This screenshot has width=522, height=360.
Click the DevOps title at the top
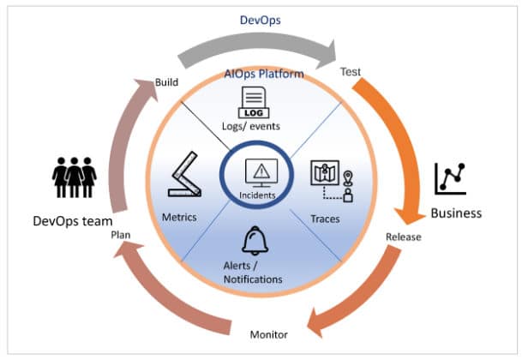click(260, 16)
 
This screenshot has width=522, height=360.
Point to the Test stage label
click(351, 72)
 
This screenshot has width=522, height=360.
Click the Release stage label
click(403, 237)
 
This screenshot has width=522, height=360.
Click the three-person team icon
click(74, 177)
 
